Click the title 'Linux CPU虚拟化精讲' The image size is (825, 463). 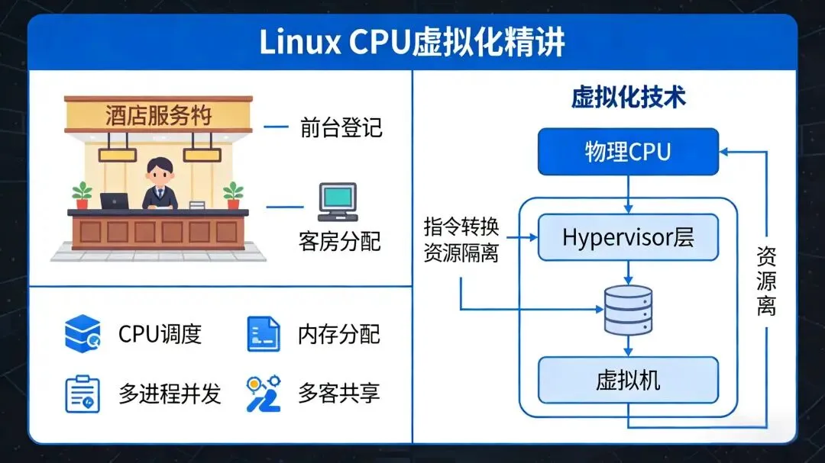[x=412, y=43]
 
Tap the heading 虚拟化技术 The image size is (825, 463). [x=628, y=97]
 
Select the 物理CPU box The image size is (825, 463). [x=628, y=151]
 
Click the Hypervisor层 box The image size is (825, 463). [x=628, y=237]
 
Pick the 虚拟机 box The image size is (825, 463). [x=628, y=380]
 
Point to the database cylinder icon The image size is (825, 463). [x=628, y=310]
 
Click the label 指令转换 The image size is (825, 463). [x=461, y=228]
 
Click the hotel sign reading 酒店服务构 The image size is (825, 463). [x=158, y=116]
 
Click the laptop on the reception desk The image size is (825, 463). [x=115, y=201]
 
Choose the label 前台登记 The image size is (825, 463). [x=341, y=127]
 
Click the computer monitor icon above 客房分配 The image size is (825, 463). [x=337, y=201]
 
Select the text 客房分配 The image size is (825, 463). [x=339, y=243]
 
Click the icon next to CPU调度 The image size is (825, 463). [x=82, y=333]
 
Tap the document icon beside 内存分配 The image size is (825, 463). [x=263, y=333]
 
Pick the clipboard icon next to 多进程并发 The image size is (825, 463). [x=82, y=394]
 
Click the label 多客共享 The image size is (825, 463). [x=339, y=394]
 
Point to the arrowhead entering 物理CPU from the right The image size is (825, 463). [x=724, y=151]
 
